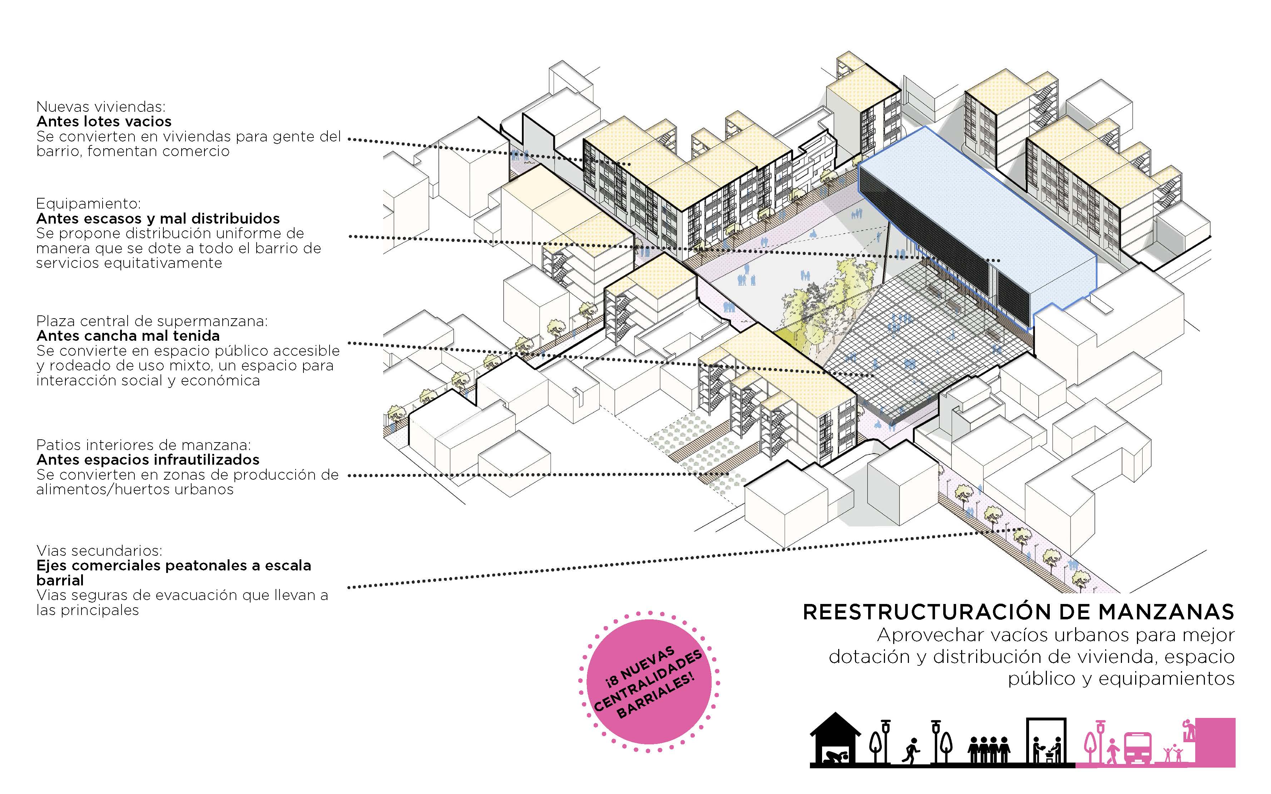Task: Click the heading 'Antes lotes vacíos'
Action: (104, 121)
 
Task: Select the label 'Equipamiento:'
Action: (88, 204)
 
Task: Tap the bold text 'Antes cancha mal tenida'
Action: (128, 335)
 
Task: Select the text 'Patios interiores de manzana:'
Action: (143, 445)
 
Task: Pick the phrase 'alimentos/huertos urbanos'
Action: (134, 489)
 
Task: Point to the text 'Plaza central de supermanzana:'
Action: (152, 321)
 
